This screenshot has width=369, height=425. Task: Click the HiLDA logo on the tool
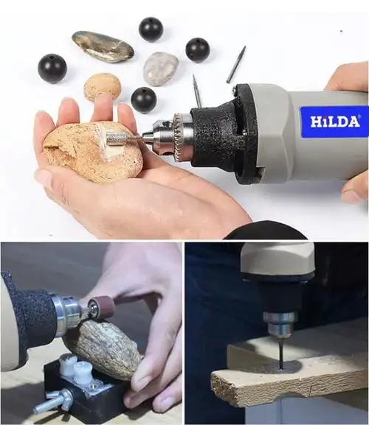(334, 122)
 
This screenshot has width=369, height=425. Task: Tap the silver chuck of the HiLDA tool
(175, 135)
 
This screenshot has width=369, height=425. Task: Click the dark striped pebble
(103, 46)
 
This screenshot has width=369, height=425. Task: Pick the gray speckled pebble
(160, 69)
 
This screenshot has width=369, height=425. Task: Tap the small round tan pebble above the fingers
(102, 86)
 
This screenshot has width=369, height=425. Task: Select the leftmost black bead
(52, 68)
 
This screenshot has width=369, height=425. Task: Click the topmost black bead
(151, 29)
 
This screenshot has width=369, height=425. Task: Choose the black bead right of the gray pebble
(197, 49)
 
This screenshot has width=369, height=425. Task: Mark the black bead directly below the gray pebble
(143, 99)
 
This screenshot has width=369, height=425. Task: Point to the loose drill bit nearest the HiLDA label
(235, 65)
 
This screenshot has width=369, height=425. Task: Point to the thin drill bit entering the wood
(281, 353)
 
